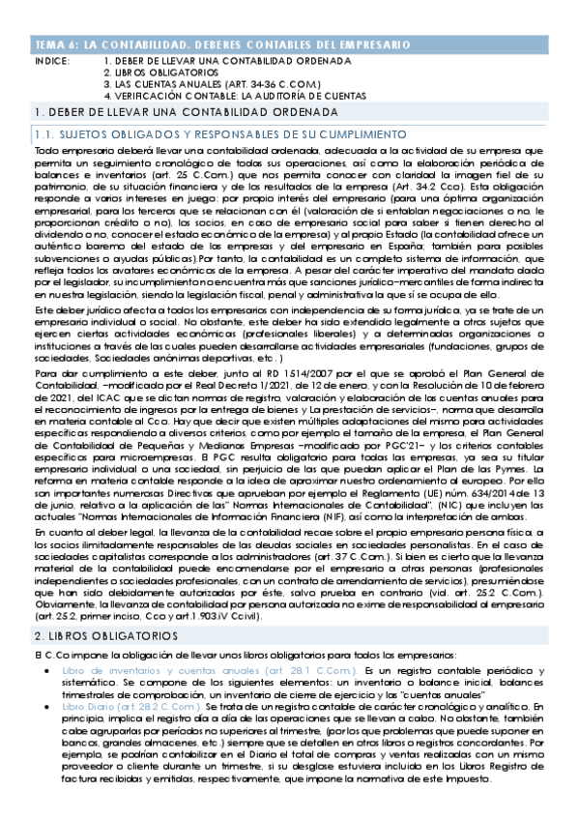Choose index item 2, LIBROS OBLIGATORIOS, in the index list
pos(160,73)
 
